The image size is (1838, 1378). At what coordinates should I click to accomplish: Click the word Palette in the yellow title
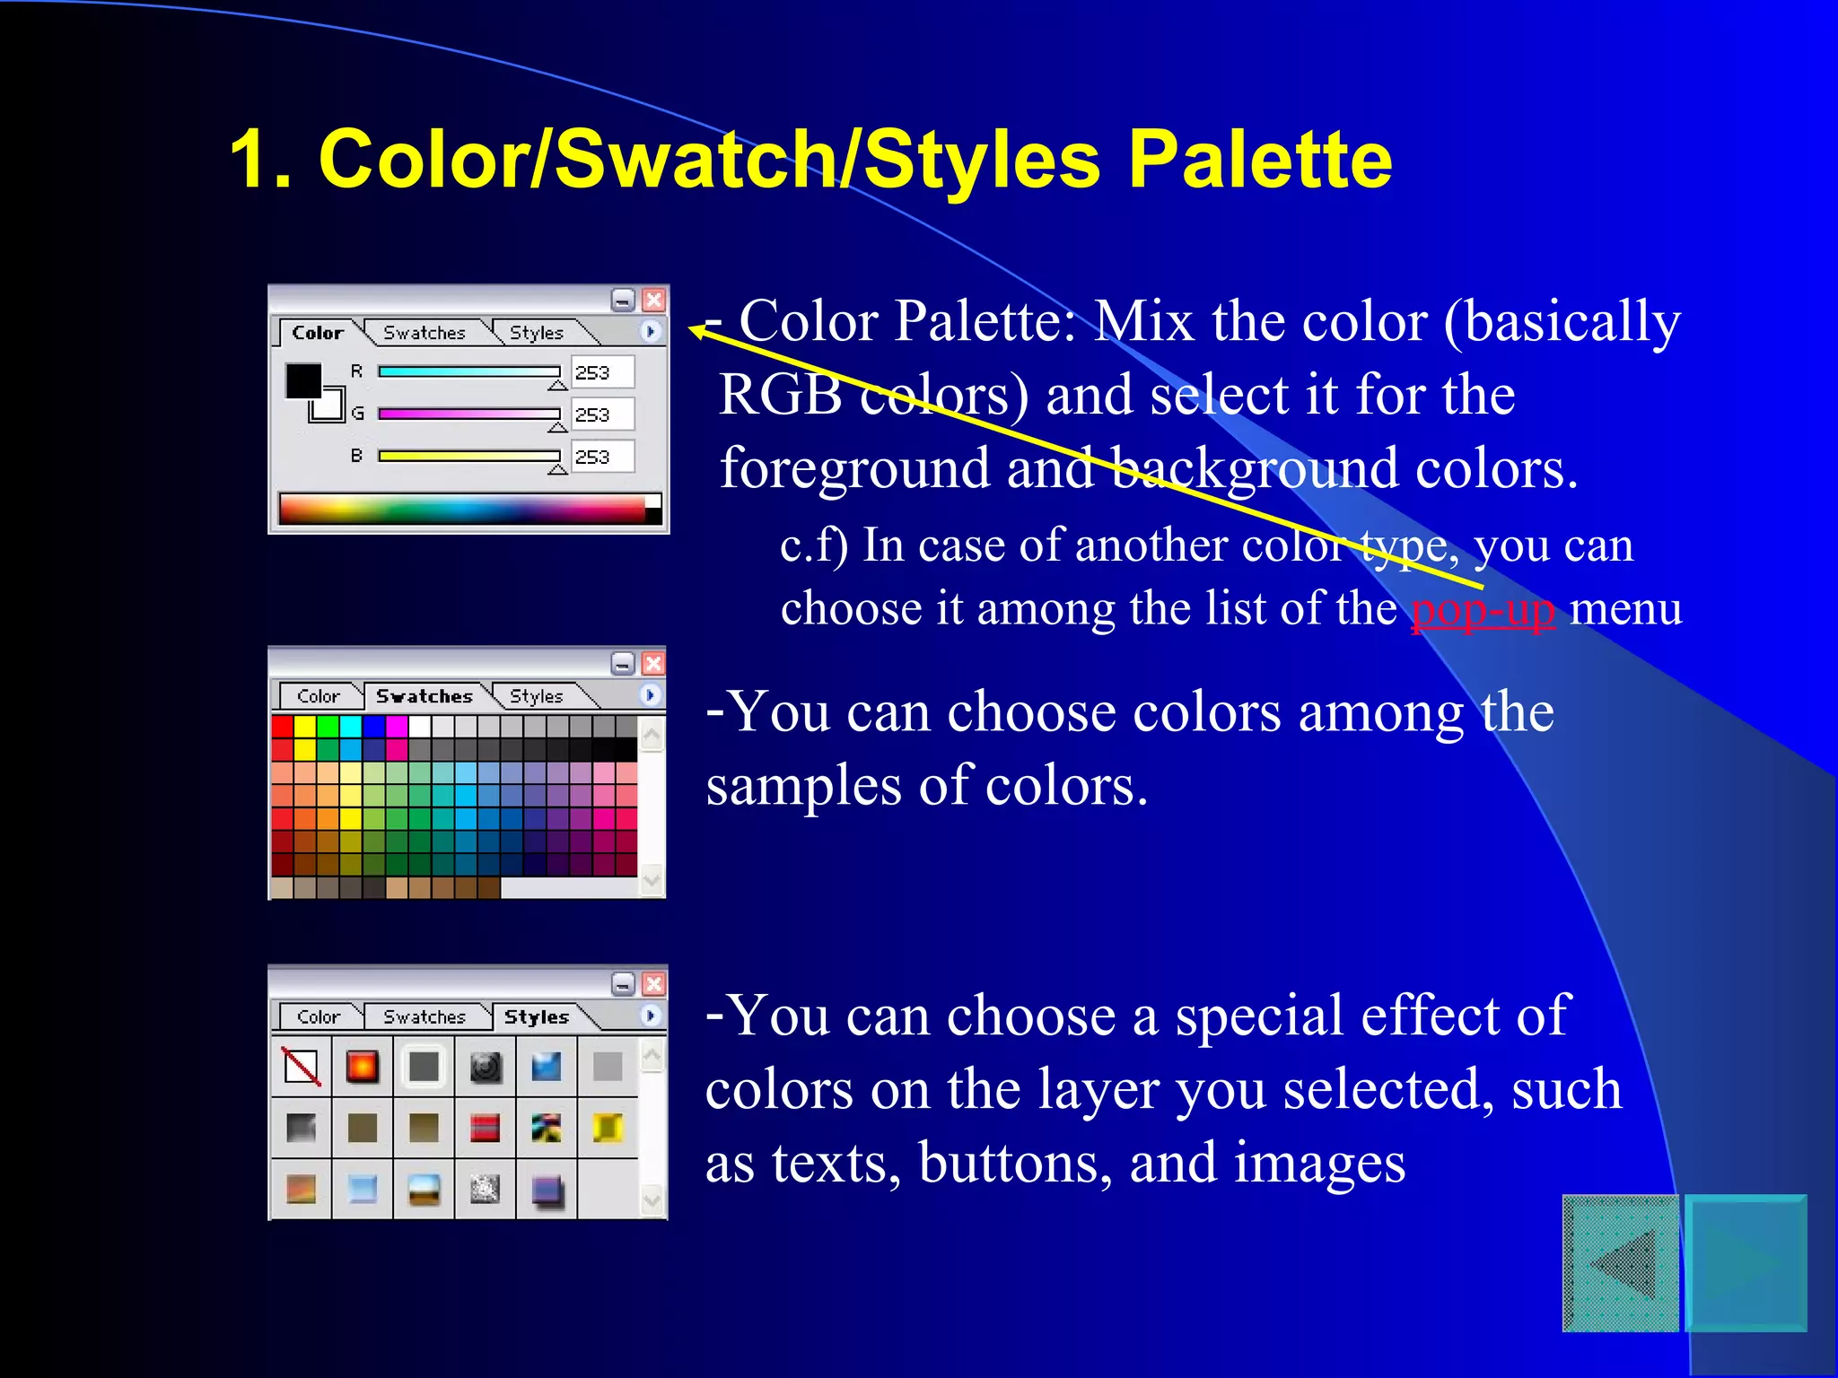(x=1259, y=160)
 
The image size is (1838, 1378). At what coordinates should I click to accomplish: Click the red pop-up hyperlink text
(x=1483, y=610)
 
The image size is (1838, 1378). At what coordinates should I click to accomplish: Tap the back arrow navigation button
(x=1621, y=1263)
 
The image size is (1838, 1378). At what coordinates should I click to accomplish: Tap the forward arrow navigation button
(x=1746, y=1263)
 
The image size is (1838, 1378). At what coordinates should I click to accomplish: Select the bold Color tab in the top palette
(x=318, y=333)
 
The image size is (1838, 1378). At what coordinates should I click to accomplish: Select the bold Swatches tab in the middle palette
(x=424, y=696)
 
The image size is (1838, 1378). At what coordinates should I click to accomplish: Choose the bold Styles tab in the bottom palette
(x=536, y=1016)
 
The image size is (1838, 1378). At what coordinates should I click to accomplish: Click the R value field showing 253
(x=602, y=372)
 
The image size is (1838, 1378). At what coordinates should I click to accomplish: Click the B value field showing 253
(x=602, y=457)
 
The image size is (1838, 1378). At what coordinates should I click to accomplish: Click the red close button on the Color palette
(x=654, y=300)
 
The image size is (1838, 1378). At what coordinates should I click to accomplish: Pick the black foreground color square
(x=302, y=380)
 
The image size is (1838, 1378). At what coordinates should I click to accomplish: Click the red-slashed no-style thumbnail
(x=302, y=1067)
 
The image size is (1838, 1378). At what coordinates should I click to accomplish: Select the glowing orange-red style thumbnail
(x=363, y=1067)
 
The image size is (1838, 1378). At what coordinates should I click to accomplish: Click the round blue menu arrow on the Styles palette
(x=651, y=1015)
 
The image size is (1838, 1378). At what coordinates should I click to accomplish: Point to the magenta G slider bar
(x=468, y=414)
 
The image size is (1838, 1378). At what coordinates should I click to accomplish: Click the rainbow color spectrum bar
(x=462, y=508)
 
